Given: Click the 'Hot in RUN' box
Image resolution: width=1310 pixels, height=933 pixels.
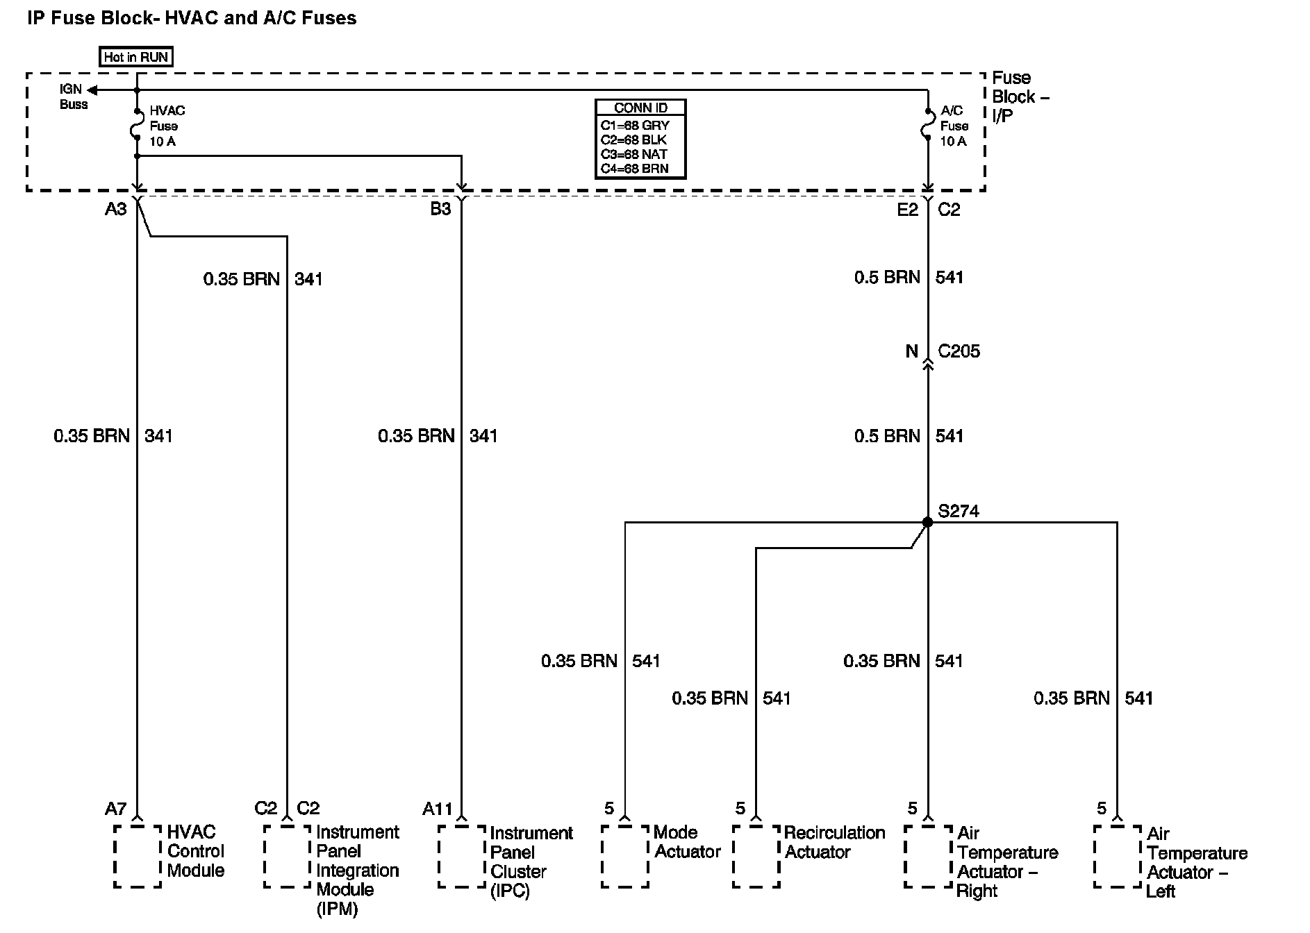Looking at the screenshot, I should tap(136, 57).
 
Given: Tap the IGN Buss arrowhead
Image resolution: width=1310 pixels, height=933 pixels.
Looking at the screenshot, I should tap(91, 90).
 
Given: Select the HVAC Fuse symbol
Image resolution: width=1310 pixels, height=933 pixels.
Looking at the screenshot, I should tap(137, 126).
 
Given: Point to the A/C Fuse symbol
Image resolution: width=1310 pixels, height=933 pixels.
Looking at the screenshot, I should tap(927, 126).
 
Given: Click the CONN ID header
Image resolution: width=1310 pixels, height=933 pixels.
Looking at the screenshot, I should tap(640, 108).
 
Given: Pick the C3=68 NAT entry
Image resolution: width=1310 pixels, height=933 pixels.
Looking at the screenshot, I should tap(633, 154).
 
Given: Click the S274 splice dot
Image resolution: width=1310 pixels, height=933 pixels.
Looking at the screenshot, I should tap(927, 522).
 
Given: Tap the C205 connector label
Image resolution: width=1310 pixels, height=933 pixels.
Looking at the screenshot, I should tap(959, 351).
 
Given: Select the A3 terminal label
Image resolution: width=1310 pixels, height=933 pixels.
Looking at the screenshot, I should tap(116, 209).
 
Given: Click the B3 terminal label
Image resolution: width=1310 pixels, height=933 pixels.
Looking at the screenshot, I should tap(440, 209).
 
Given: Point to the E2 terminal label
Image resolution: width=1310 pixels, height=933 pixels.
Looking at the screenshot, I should tap(907, 210).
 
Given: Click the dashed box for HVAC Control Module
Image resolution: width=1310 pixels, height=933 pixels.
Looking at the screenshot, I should tap(138, 856).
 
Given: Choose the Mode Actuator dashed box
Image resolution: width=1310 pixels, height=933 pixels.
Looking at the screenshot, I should tap(625, 856).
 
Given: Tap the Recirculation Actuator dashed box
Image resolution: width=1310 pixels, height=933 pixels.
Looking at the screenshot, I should tap(756, 856).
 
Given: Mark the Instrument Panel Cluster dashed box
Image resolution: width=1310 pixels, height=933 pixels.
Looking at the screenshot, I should tap(461, 856).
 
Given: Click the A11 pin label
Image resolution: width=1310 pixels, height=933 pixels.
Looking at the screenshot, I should tap(437, 809).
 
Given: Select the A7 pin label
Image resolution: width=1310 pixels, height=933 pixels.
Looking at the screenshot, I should tap(116, 809).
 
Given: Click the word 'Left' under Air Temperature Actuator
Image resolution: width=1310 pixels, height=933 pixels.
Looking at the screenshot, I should tap(1161, 891).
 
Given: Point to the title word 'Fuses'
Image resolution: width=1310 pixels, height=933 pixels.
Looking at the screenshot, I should tap(329, 18).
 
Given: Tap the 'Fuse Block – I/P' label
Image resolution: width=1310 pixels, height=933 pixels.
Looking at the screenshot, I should tap(1020, 96).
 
